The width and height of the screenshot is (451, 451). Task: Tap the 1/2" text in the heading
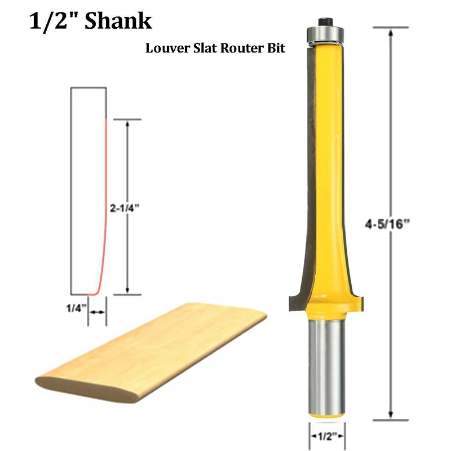51,21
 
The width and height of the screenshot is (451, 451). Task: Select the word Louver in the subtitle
163,48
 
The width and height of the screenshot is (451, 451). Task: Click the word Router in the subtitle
232,48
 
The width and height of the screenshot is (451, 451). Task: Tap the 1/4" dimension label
76,308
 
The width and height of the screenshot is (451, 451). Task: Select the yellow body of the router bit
327,169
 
